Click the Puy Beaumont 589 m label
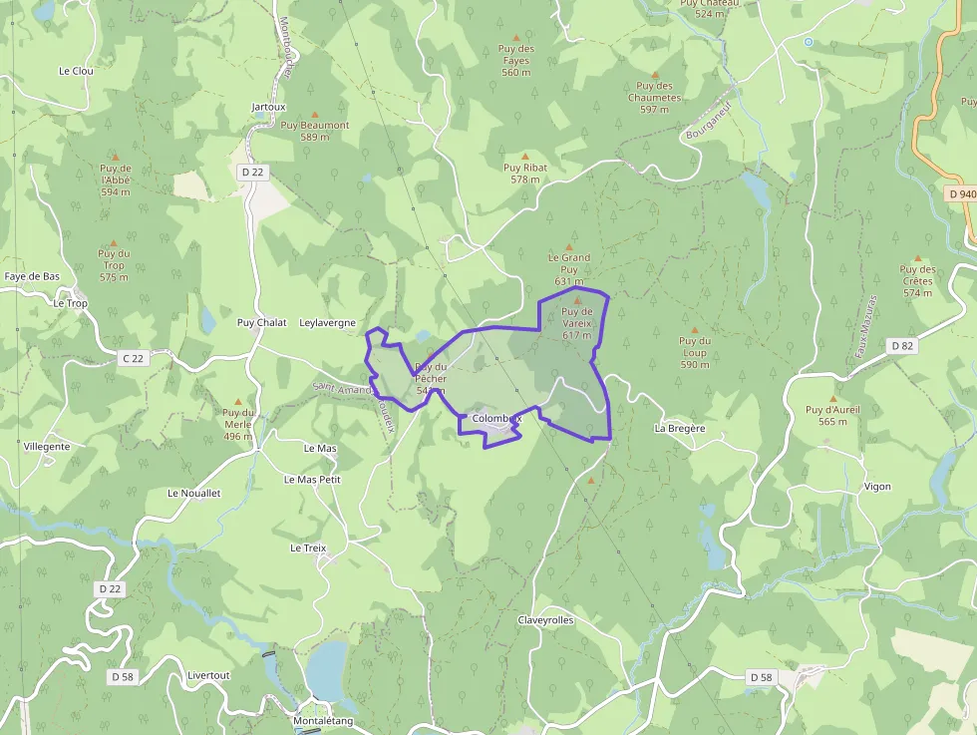tap(315, 131)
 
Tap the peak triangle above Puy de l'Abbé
tap(116, 157)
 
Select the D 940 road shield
tap(962, 194)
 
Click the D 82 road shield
tap(901, 346)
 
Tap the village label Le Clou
tap(76, 71)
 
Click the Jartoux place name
tap(268, 107)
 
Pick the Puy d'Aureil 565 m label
tap(832, 415)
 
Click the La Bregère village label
tap(680, 428)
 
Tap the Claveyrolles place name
tap(545, 620)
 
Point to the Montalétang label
tap(323, 721)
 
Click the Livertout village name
tap(208, 675)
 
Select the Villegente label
tap(47, 447)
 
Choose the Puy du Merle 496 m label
tap(238, 425)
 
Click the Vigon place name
tap(877, 487)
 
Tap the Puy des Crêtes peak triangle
tap(918, 258)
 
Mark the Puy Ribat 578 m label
tap(524, 174)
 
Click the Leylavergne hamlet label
tap(327, 323)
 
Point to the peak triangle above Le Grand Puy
tap(569, 247)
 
